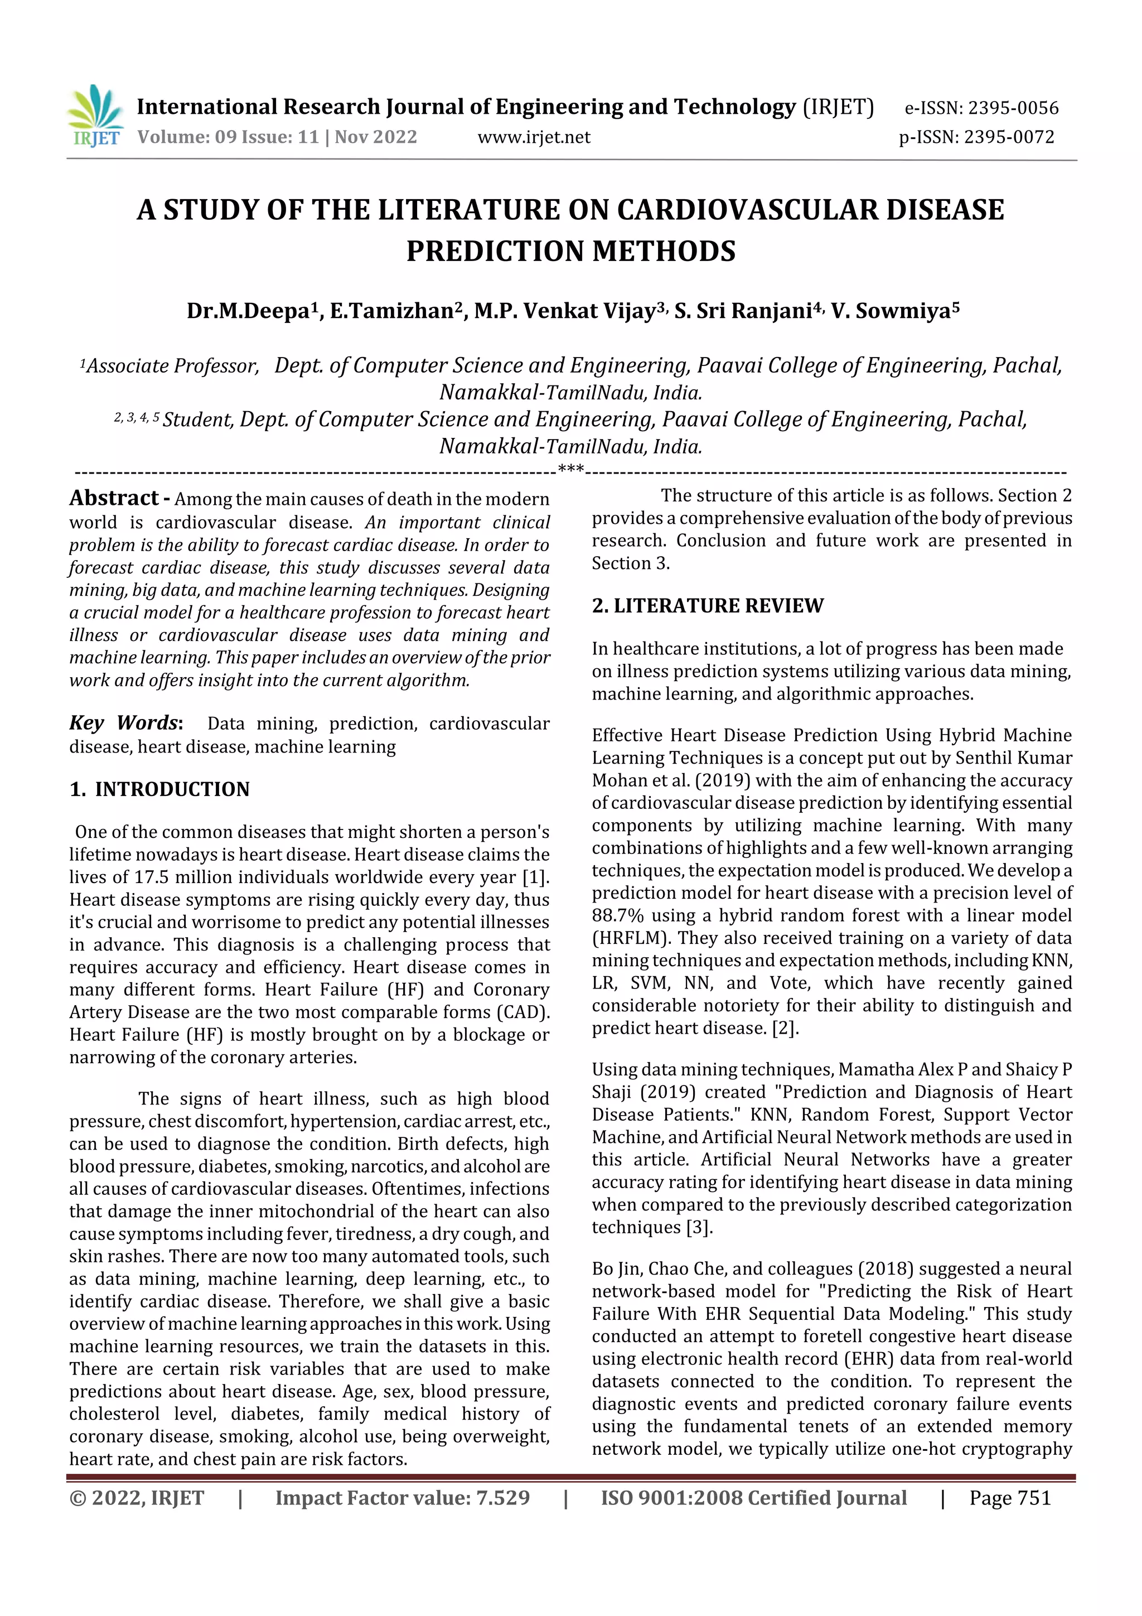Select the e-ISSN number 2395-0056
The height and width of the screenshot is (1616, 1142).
click(x=1013, y=108)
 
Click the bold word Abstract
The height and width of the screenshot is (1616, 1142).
click(x=114, y=498)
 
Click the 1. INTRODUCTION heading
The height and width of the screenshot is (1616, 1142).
click(x=159, y=789)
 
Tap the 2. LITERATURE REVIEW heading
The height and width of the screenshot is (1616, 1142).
click(x=707, y=605)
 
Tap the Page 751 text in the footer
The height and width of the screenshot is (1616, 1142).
click(x=1010, y=1498)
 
